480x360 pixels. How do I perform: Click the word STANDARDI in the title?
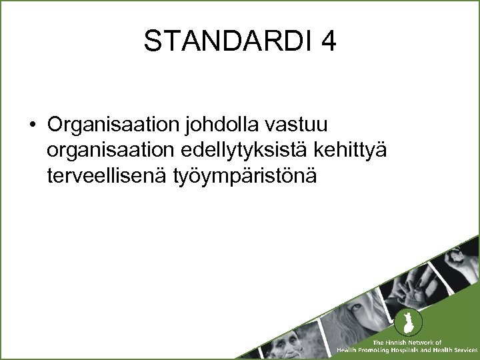point(227,41)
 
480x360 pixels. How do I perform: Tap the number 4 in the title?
point(328,41)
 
